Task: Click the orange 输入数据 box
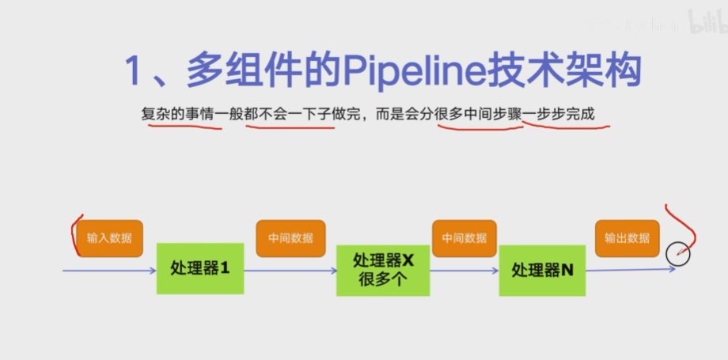click(110, 238)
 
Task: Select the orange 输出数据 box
click(627, 238)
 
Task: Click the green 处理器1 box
click(199, 268)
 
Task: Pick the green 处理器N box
click(542, 270)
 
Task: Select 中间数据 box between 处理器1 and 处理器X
click(290, 238)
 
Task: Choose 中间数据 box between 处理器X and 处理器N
click(464, 238)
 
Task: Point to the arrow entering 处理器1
click(111, 271)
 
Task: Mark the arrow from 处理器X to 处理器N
click(464, 271)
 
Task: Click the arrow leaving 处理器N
click(629, 270)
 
